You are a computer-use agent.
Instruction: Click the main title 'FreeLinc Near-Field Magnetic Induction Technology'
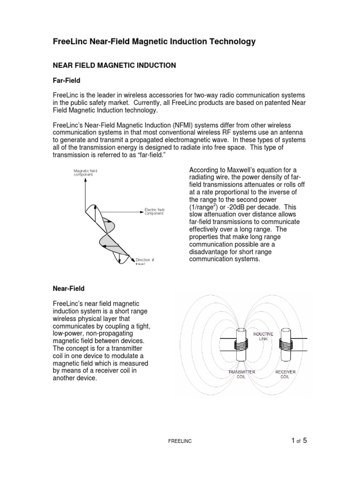click(x=154, y=42)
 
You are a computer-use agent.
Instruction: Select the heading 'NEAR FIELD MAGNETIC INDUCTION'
click(x=114, y=66)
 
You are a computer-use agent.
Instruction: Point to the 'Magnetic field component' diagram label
click(x=85, y=173)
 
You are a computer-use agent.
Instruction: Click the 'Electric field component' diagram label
click(x=154, y=210)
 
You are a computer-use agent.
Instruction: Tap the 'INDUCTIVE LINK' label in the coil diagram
click(x=263, y=336)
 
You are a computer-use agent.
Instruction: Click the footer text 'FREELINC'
click(x=180, y=442)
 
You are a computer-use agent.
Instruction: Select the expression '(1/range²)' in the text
click(x=204, y=206)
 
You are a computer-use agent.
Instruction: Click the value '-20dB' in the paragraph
click(x=239, y=206)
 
